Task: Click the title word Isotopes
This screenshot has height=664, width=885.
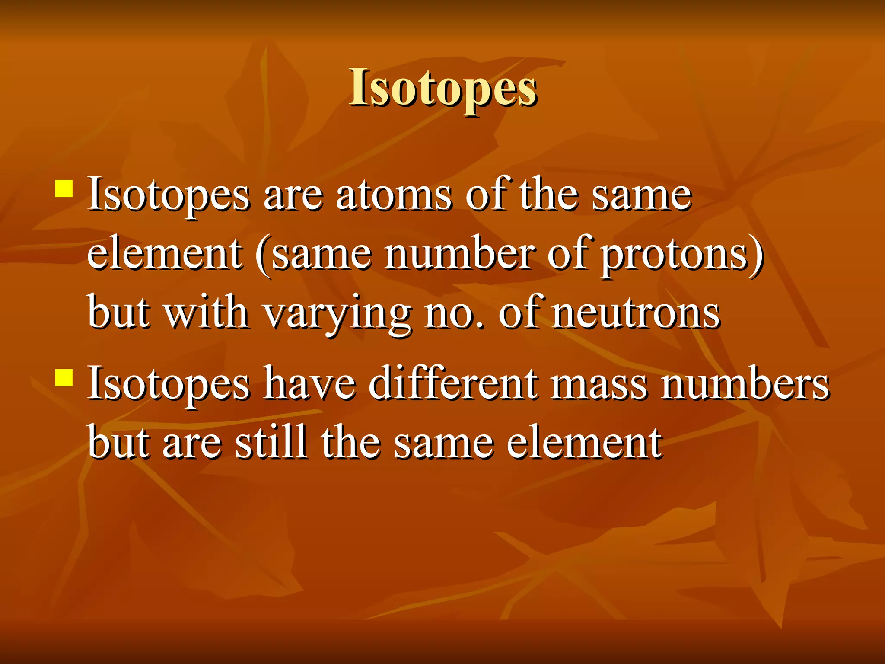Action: tap(443, 88)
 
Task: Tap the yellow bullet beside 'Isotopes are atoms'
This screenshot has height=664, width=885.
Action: tap(64, 189)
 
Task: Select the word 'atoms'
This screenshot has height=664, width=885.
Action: tap(394, 195)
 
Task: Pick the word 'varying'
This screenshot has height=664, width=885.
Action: tap(337, 315)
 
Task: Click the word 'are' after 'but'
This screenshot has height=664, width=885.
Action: tap(192, 444)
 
